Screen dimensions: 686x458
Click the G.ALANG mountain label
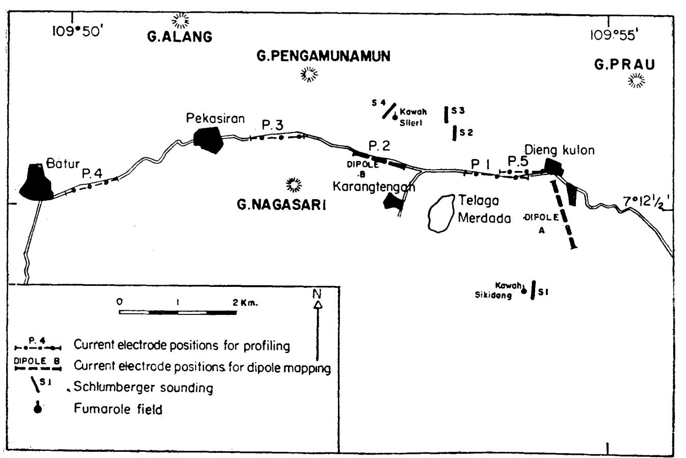pyautogui.click(x=179, y=37)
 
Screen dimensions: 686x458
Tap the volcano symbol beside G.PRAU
pyautogui.click(x=636, y=81)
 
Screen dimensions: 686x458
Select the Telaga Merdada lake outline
pyautogui.click(x=441, y=213)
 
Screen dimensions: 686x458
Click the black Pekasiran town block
pyautogui.click(x=208, y=140)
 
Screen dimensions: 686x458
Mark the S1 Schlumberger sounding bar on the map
pyautogui.click(x=533, y=290)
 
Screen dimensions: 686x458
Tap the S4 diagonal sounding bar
pyautogui.click(x=389, y=111)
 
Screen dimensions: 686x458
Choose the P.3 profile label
pyautogui.click(x=273, y=125)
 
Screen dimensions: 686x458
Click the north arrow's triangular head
pyautogui.click(x=318, y=305)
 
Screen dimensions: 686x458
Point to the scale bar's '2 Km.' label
pyautogui.click(x=245, y=303)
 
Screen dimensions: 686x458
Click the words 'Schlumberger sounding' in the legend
pyautogui.click(x=143, y=387)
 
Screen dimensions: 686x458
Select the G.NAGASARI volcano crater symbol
pyautogui.click(x=294, y=185)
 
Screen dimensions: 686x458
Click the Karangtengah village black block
pyautogui.click(x=392, y=201)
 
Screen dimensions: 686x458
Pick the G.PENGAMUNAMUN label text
pyautogui.click(x=324, y=57)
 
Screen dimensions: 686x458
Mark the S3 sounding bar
pyautogui.click(x=446, y=115)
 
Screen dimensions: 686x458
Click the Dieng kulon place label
pyautogui.click(x=560, y=150)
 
